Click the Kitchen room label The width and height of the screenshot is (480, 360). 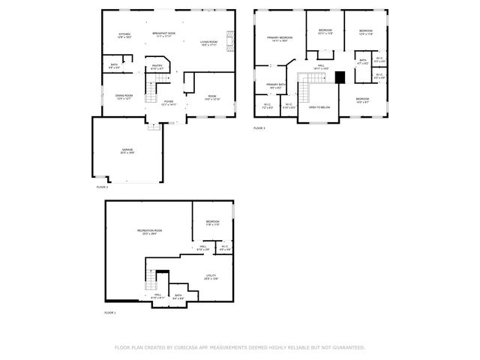pos(124,35)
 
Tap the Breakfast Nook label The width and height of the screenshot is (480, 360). pos(163,34)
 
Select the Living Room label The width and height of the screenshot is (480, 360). pos(208,43)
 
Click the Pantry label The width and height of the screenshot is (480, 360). pos(157,67)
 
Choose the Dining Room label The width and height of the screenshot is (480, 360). pos(124,97)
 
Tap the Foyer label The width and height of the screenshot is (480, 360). pos(169,103)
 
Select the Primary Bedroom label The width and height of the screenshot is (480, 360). pos(280,38)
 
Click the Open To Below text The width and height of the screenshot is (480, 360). pos(319,107)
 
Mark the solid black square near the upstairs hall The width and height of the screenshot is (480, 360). pos(340,76)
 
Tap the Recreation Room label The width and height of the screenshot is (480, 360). pos(149,232)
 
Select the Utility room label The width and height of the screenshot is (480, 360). pos(211,277)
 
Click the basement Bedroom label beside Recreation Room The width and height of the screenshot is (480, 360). pos(213,223)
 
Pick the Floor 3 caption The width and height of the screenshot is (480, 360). pos(259,128)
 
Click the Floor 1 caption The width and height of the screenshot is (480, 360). pos(109,313)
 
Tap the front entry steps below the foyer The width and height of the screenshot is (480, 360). pos(154,126)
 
